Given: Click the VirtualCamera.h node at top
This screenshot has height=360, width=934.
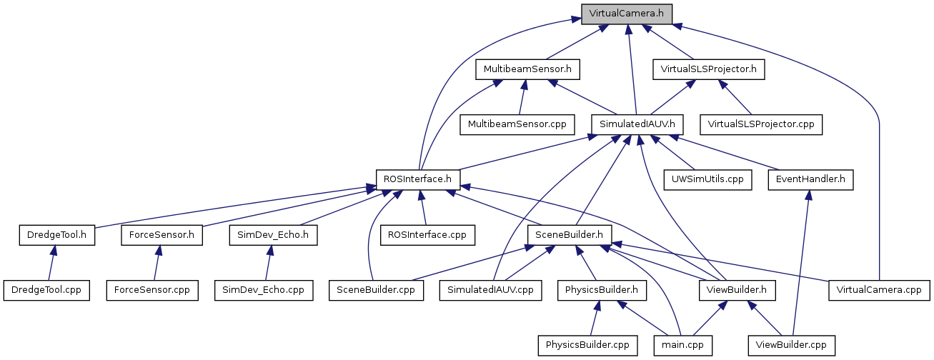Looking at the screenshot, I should click(627, 14).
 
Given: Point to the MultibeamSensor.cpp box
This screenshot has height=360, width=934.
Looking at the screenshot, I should click(517, 124).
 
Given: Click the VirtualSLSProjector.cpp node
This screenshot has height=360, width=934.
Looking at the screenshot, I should click(762, 124).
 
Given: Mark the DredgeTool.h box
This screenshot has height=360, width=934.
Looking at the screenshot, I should click(57, 234).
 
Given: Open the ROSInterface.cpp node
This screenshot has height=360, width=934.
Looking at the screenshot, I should click(427, 234).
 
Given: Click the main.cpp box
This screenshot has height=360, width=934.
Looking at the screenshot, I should click(684, 345).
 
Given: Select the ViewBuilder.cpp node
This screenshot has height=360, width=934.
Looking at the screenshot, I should click(791, 345).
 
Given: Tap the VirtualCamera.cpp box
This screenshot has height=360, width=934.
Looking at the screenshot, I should click(879, 290).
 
